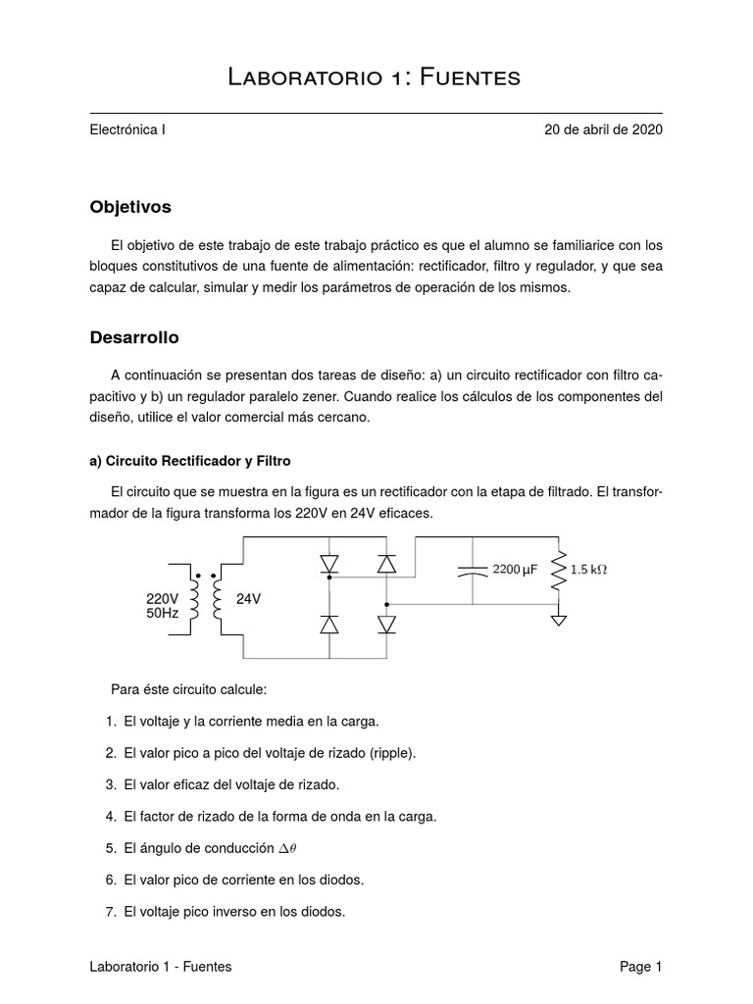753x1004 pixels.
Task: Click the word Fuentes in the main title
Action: pyautogui.click(x=468, y=77)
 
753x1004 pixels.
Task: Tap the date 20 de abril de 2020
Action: pyautogui.click(x=603, y=128)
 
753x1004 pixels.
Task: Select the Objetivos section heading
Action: pyautogui.click(x=130, y=207)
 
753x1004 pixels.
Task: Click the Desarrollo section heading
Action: pyautogui.click(x=134, y=337)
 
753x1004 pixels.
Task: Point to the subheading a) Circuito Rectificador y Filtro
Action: pyautogui.click(x=190, y=460)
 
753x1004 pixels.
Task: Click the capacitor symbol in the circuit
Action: pyautogui.click(x=473, y=570)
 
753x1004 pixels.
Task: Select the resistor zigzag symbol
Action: pyautogui.click(x=559, y=570)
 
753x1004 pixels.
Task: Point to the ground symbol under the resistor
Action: pyautogui.click(x=559, y=620)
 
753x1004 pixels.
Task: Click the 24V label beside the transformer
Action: pyautogui.click(x=249, y=599)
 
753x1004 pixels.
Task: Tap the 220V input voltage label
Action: pyautogui.click(x=163, y=599)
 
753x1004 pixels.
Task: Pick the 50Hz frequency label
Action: pyautogui.click(x=163, y=613)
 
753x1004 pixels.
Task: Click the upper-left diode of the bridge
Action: pyautogui.click(x=328, y=564)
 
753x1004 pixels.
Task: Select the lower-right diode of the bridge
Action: pyautogui.click(x=387, y=624)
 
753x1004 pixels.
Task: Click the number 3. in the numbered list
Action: pyautogui.click(x=110, y=783)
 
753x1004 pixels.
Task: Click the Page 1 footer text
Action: pyautogui.click(x=640, y=966)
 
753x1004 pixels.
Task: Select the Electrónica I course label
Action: pyautogui.click(x=127, y=128)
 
